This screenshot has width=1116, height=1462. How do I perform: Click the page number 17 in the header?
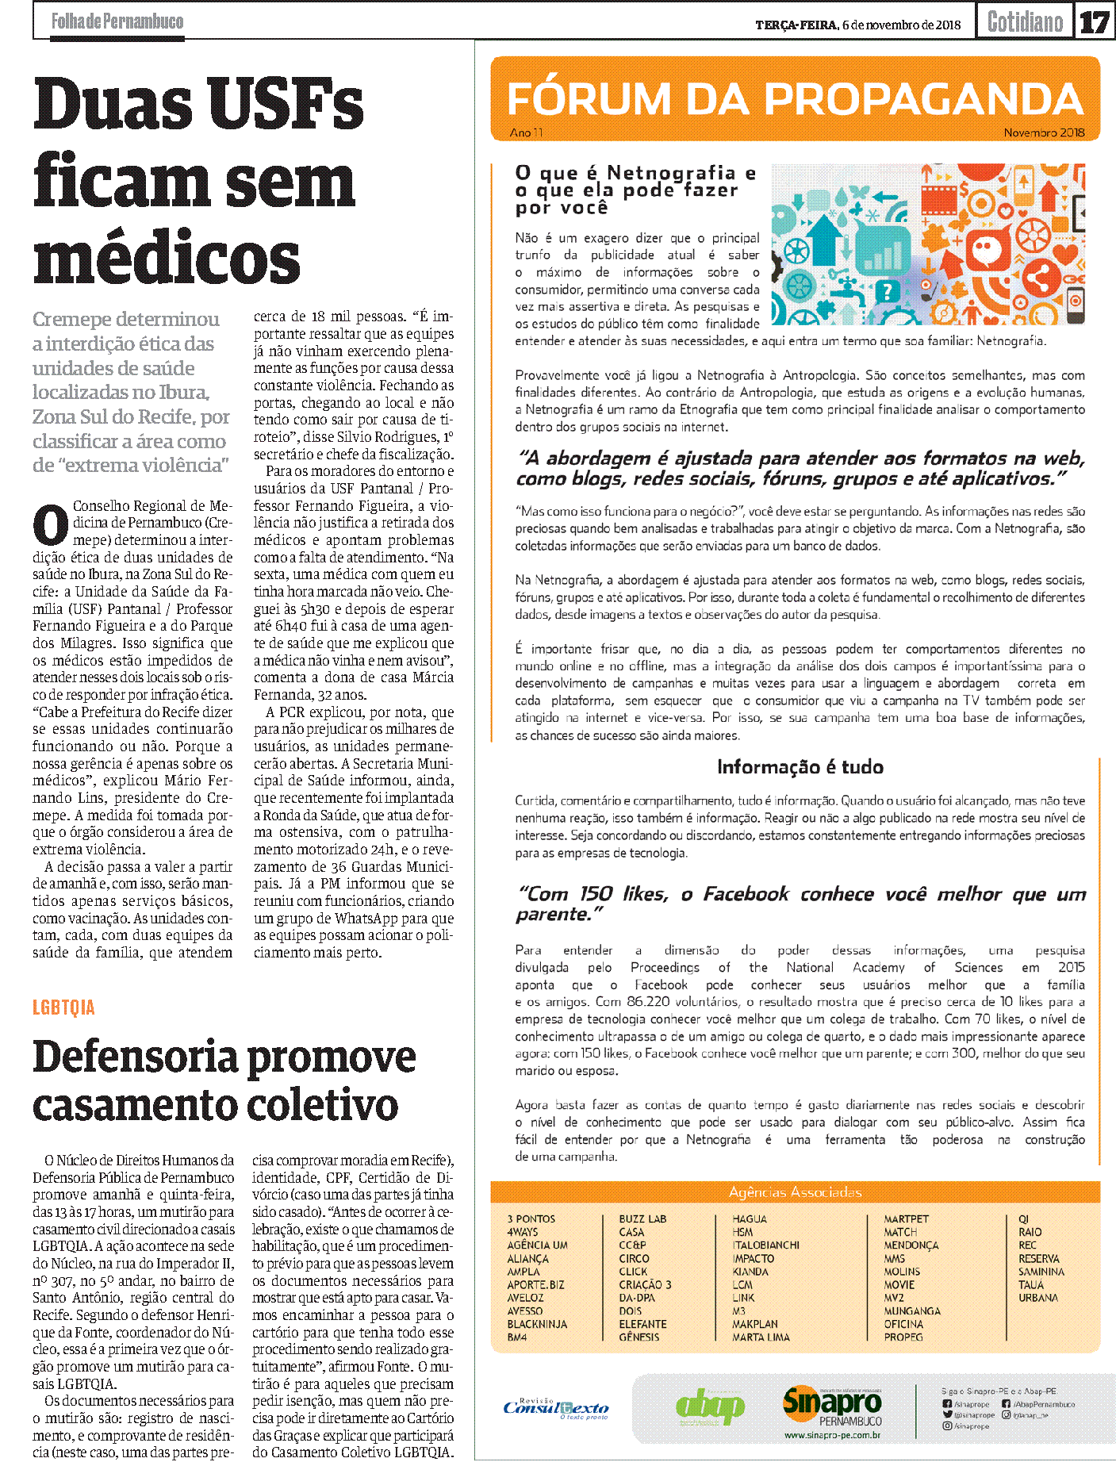[1094, 22]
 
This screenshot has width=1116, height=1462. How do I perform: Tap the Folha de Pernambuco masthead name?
[117, 21]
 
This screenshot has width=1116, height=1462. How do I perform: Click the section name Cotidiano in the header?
[1025, 22]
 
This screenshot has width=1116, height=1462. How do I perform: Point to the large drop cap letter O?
[51, 525]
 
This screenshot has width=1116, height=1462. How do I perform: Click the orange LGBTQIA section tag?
[63, 1007]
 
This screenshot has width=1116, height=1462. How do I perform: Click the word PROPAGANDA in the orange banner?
[924, 100]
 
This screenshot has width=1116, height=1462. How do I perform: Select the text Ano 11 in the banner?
[527, 133]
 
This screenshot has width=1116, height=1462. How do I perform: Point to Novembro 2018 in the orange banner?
[1044, 133]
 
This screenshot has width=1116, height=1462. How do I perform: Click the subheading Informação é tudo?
[800, 767]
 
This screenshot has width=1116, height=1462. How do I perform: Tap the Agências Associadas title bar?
[795, 1192]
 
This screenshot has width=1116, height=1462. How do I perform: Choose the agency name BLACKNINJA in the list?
[537, 1324]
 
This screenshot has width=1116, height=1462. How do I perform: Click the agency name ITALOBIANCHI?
[765, 1245]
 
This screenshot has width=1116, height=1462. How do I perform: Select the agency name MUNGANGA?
[912, 1311]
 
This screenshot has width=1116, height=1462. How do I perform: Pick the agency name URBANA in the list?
[1038, 1298]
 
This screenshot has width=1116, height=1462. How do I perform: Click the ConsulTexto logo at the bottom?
[556, 1408]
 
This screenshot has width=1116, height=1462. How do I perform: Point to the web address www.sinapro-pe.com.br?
[832, 1435]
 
